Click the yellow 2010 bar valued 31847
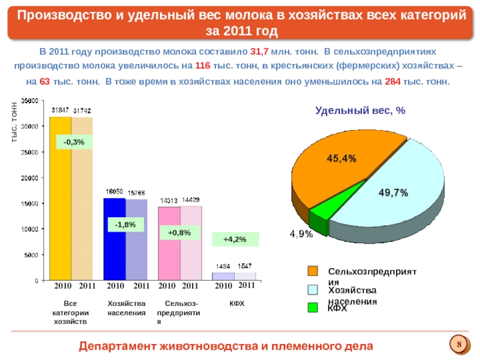pos(60,198)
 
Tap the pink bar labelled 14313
pos(169,243)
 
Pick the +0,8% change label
pos(179,232)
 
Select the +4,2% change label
pos(235,239)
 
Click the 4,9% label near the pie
pos(301,234)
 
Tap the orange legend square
pos(313,271)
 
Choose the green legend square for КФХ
pos(313,308)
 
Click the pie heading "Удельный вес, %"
pos(361,110)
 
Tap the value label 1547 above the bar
pos(245,265)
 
